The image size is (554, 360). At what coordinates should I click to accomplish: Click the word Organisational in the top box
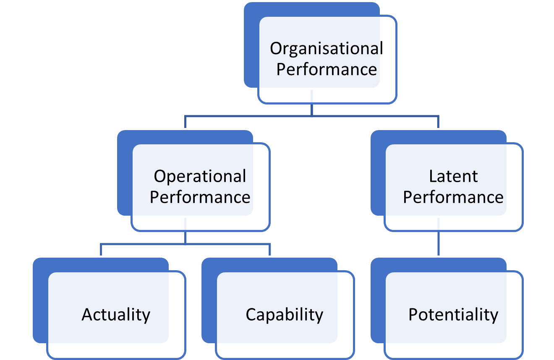click(x=327, y=49)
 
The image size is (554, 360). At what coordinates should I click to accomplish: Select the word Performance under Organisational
click(x=327, y=69)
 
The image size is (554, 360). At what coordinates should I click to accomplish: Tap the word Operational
click(x=200, y=177)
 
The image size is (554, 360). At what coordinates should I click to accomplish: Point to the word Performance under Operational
click(x=200, y=197)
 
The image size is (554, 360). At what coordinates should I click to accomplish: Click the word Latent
click(x=453, y=176)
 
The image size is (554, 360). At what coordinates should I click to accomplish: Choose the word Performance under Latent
click(x=453, y=197)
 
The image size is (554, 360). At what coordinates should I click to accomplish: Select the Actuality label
click(x=116, y=315)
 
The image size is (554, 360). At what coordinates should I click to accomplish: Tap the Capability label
click(x=285, y=315)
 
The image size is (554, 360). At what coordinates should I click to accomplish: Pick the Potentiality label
click(x=453, y=315)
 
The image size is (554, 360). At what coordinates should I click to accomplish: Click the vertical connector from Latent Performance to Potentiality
click(x=439, y=243)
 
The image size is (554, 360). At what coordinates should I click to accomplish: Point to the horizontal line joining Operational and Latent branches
click(x=311, y=116)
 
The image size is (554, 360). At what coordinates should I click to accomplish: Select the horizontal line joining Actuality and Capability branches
click(x=185, y=244)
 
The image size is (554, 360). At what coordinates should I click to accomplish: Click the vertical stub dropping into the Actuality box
click(x=101, y=250)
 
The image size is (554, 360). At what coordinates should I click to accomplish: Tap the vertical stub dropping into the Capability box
click(x=269, y=250)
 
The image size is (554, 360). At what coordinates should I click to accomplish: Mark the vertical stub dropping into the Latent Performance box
click(x=438, y=122)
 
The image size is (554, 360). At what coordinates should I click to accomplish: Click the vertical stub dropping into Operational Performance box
click(x=185, y=122)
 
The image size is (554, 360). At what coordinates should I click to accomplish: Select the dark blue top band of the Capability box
click(x=269, y=265)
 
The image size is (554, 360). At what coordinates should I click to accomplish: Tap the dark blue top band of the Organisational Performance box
click(x=311, y=9)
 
